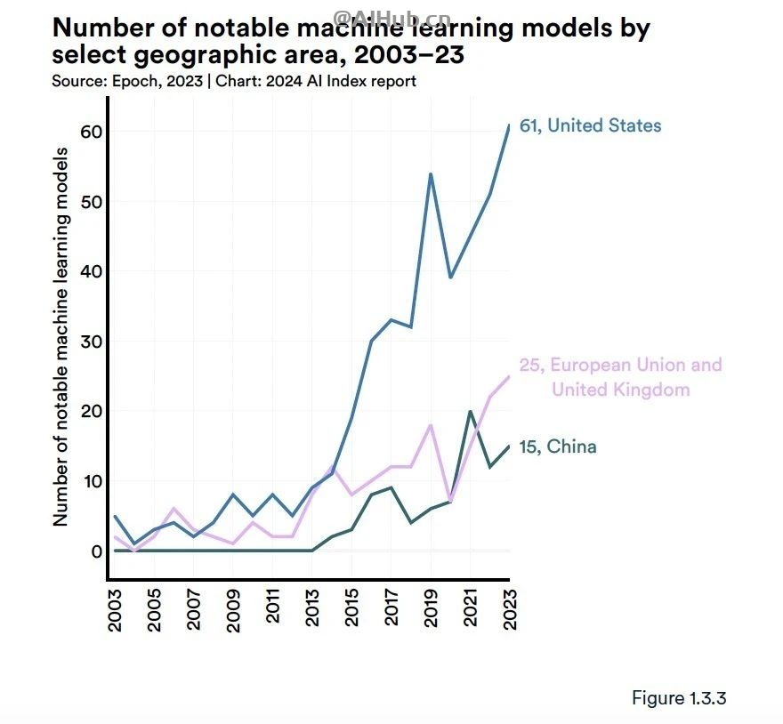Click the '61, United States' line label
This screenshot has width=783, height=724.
[x=590, y=125]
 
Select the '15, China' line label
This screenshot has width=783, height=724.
[x=557, y=446]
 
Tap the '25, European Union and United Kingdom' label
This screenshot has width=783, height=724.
[x=620, y=377]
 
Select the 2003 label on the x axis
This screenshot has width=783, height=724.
[x=116, y=609]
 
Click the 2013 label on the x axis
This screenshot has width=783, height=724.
[x=313, y=609]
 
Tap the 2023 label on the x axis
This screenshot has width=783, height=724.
[x=510, y=609]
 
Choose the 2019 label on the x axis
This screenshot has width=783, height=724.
[x=432, y=609]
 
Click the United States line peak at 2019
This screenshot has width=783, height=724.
[x=432, y=173]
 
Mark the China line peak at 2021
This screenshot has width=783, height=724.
[x=471, y=411]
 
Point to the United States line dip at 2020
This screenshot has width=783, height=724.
[x=451, y=278]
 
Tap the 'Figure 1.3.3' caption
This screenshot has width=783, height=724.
[x=679, y=698]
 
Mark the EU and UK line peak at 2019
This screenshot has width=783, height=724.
[x=432, y=425]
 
